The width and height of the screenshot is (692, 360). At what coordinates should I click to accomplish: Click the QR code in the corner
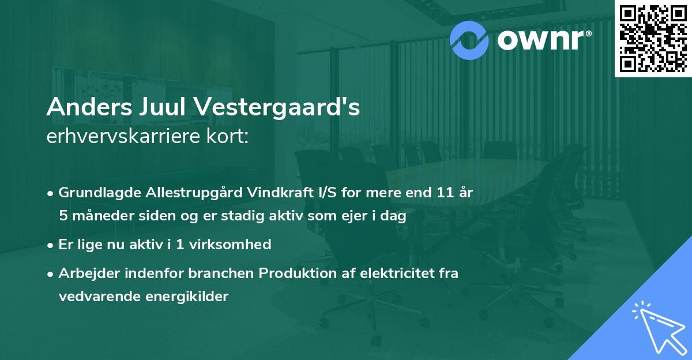[x=653, y=38]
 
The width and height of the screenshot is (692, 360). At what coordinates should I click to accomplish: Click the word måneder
[x=97, y=216]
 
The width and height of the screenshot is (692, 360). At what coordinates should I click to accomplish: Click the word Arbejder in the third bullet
[x=85, y=273]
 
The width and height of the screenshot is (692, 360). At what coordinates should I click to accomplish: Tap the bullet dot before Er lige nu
[x=51, y=245]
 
